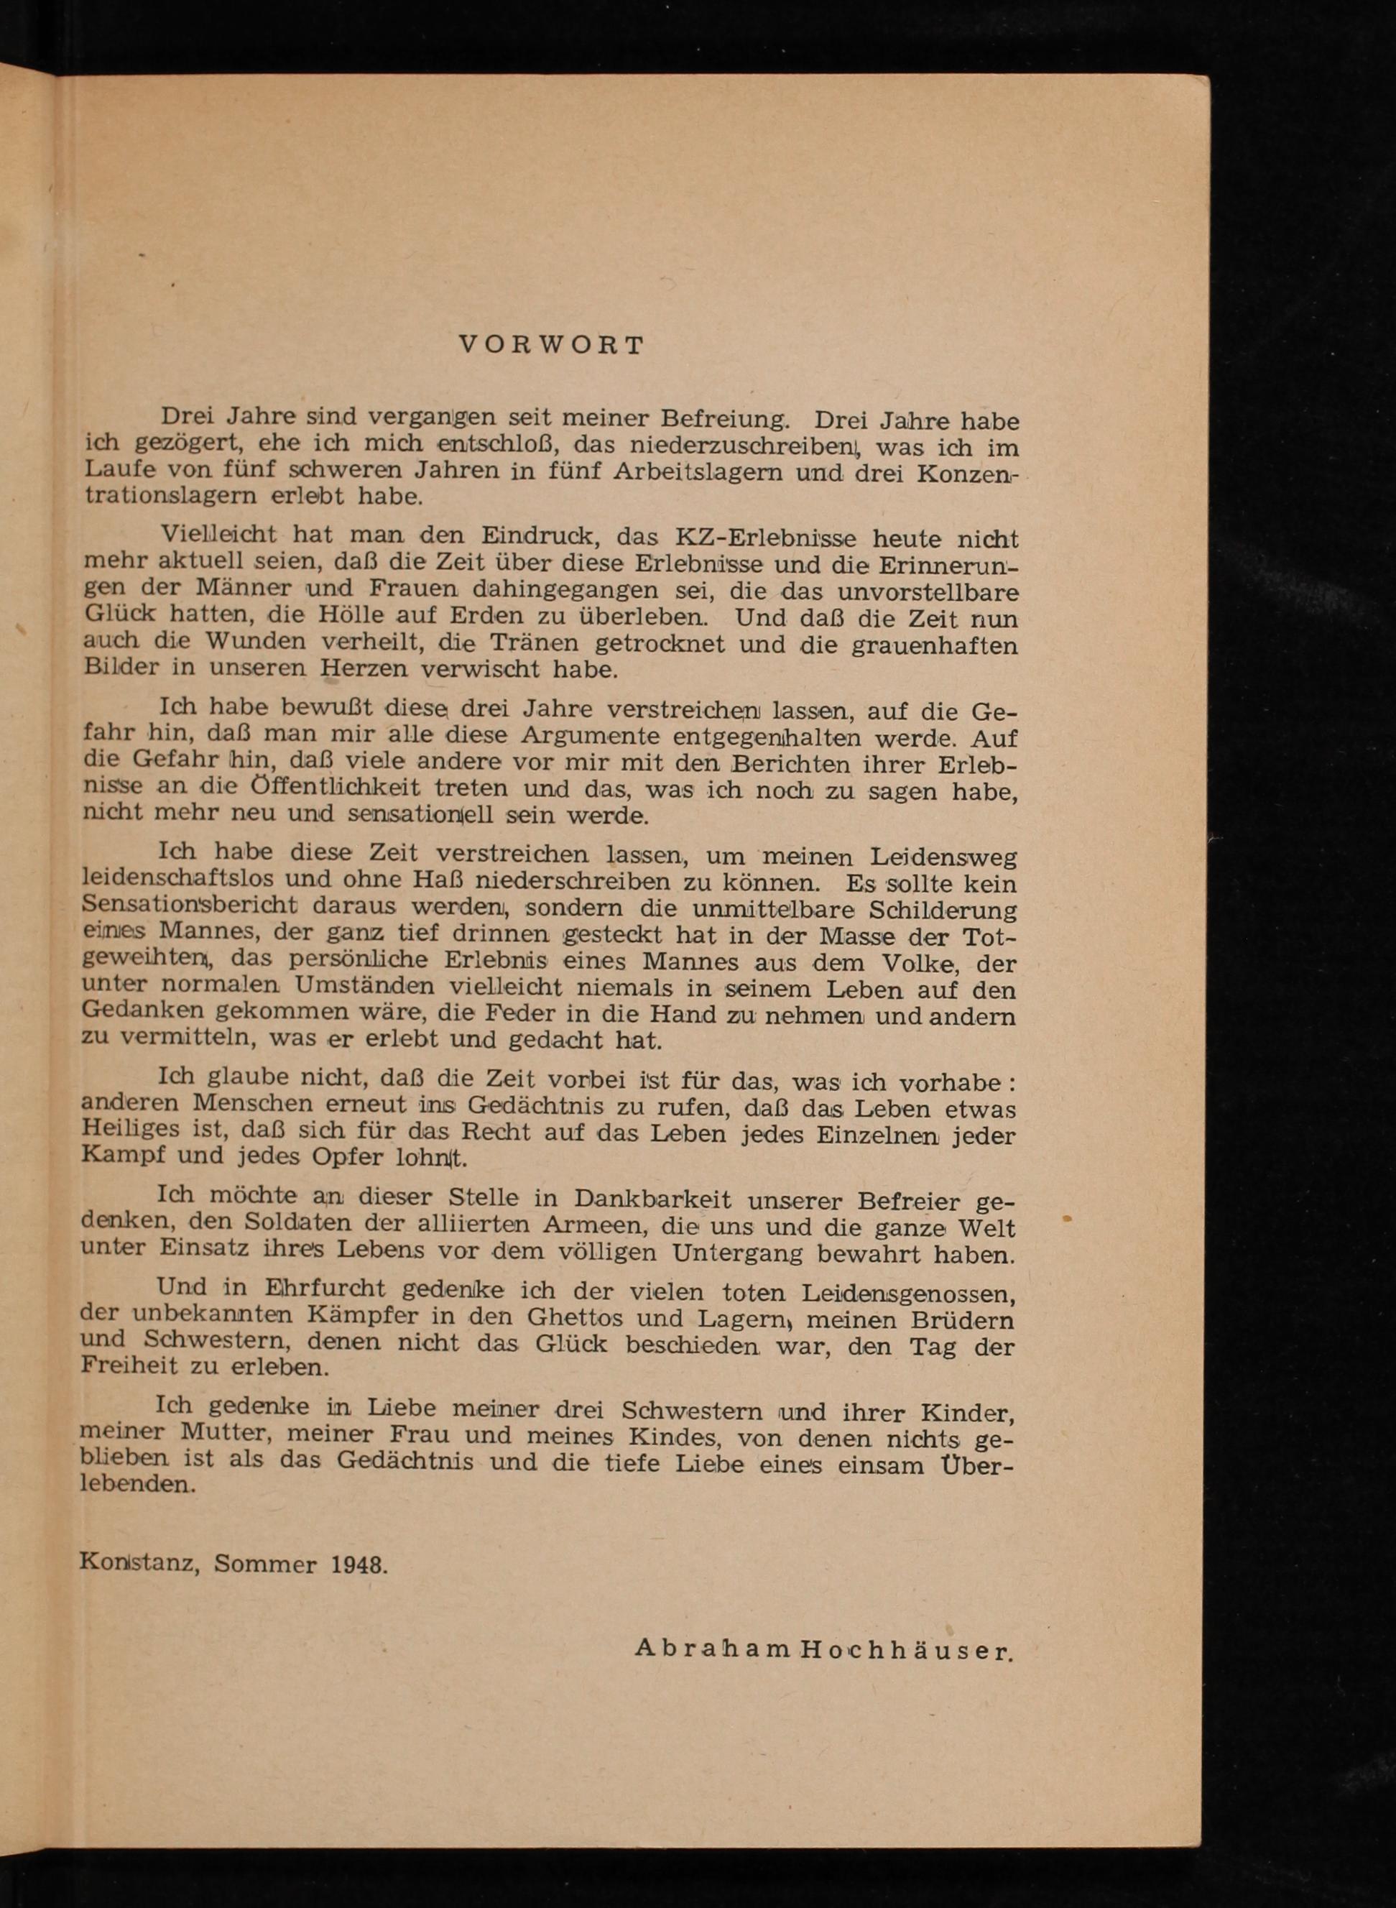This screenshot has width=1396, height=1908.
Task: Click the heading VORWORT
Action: click(551, 346)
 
